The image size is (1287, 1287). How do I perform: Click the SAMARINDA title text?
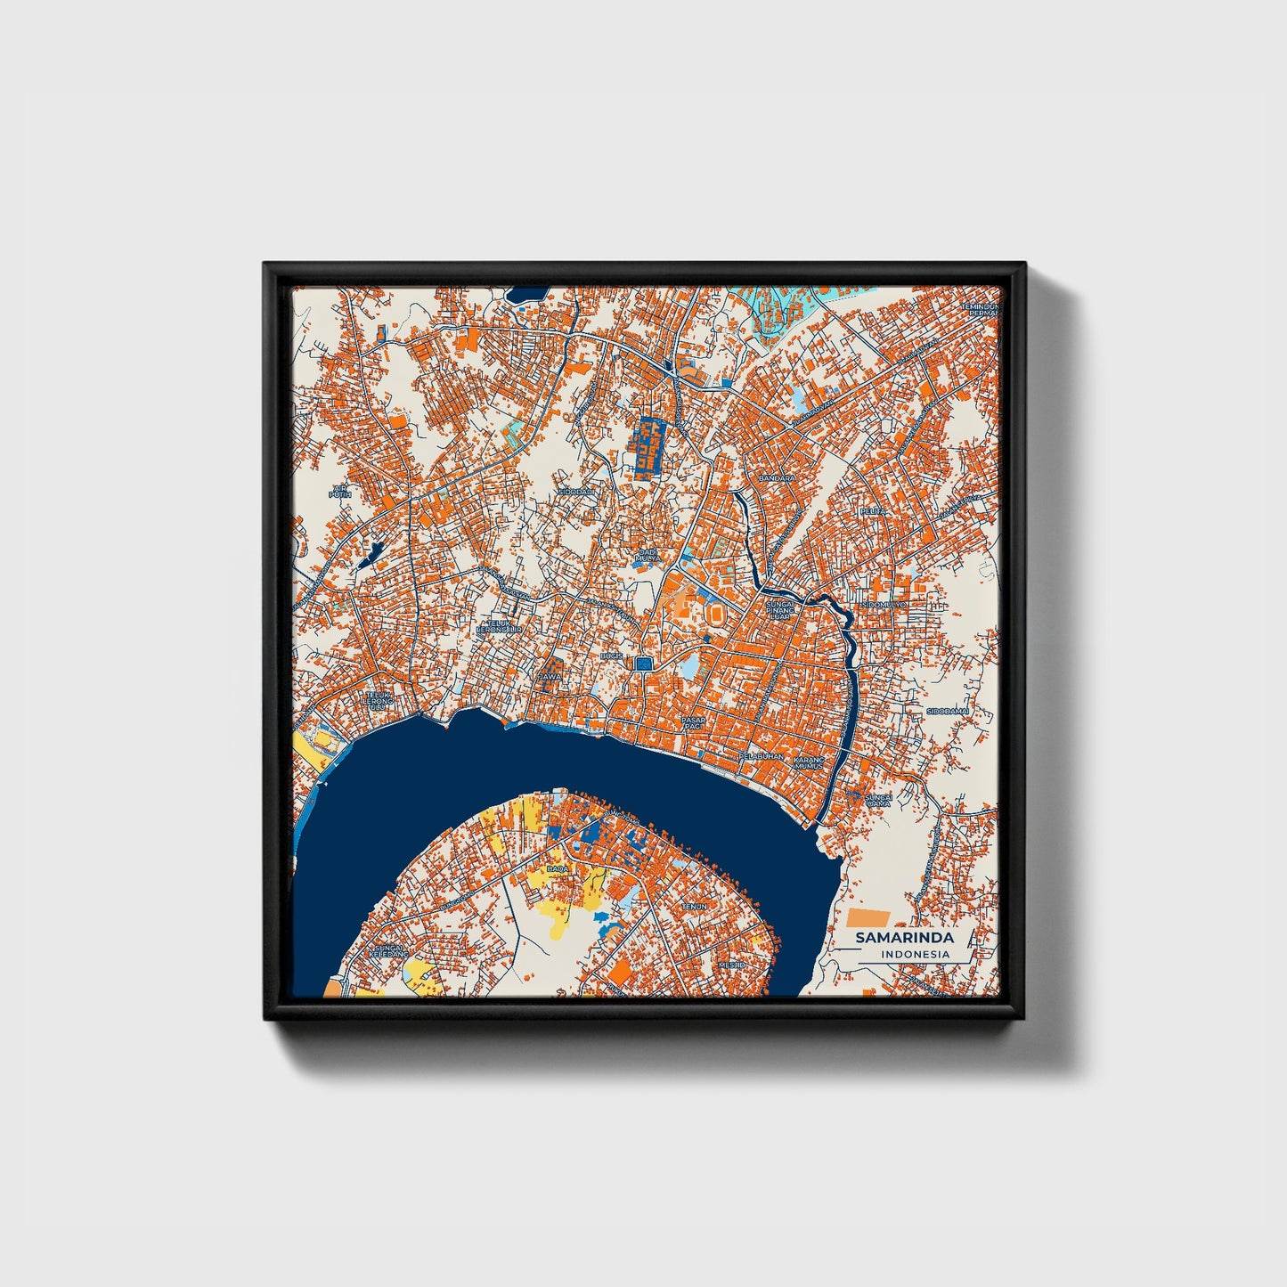tap(904, 938)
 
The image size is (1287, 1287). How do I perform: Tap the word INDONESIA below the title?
tap(915, 954)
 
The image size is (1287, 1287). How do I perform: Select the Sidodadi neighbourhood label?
tap(574, 491)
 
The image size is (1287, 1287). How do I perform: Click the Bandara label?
tap(776, 478)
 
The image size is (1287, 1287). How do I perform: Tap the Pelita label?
tap(872, 511)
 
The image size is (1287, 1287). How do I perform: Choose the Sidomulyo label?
tap(884, 605)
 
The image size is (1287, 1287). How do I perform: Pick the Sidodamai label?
tap(947, 711)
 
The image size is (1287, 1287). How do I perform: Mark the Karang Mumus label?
tap(810, 761)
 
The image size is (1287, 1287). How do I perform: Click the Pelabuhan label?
tap(762, 756)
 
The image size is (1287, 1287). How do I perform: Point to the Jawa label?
tap(550, 676)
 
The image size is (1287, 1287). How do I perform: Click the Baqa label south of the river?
tap(558, 868)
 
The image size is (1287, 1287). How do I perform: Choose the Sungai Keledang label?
tap(390, 950)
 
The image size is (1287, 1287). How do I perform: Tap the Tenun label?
tap(695, 906)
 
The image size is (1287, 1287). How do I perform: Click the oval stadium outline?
tap(715, 614)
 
